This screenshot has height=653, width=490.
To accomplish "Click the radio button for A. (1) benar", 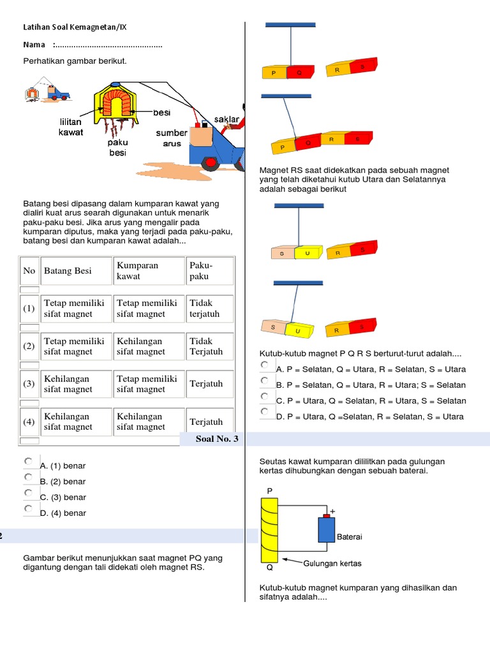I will [28, 461].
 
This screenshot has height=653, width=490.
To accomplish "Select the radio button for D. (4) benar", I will [28, 509].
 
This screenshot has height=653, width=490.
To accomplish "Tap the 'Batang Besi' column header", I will [68, 271].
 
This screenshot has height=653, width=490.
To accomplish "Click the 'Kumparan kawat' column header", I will [137, 271].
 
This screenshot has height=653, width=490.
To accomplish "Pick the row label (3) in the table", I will [29, 384].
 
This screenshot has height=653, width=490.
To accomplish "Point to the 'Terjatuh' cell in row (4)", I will [206, 422].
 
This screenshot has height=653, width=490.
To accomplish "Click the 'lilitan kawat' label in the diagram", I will [71, 127].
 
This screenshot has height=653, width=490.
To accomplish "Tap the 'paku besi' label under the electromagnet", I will [118, 148].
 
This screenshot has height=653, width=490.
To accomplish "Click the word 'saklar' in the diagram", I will [226, 119].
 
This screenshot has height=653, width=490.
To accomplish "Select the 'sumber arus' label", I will [172, 138].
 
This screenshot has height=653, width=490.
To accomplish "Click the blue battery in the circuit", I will [327, 529].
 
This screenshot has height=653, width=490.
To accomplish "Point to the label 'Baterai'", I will [349, 537].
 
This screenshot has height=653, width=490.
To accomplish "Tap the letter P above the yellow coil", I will [270, 491].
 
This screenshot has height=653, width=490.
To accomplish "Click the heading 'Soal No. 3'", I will [217, 439].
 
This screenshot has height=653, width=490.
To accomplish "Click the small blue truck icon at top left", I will [59, 92].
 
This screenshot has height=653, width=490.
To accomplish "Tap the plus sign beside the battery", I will [332, 511].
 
